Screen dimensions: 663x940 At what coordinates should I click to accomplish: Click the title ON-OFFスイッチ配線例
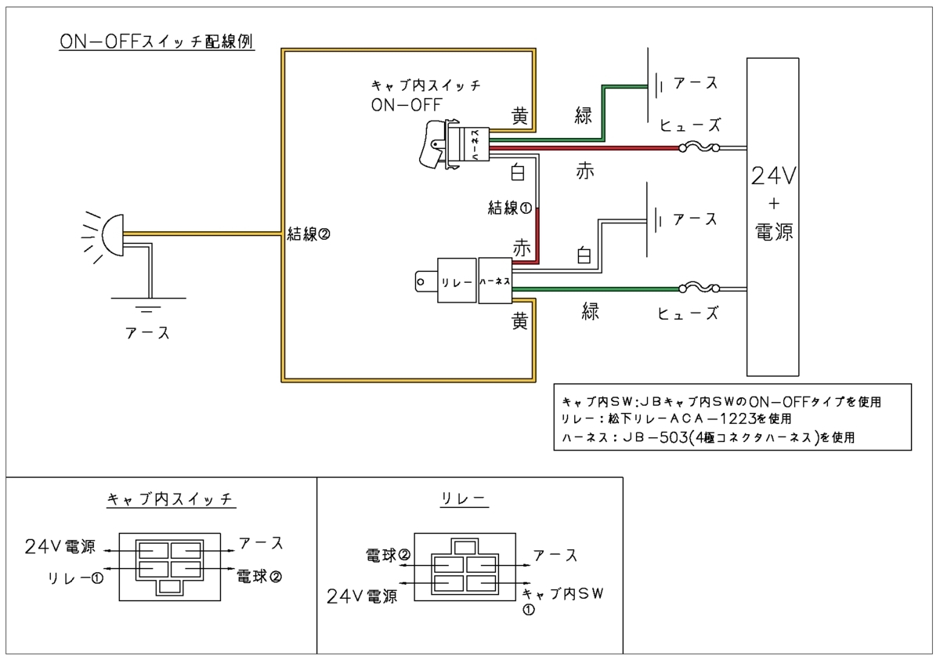[x=156, y=41]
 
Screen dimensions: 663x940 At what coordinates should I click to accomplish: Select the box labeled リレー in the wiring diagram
[x=457, y=280]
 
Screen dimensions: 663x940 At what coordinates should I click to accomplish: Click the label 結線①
[x=510, y=208]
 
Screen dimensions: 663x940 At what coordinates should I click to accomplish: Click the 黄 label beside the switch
[x=519, y=116]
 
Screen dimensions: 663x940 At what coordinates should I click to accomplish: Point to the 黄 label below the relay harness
[x=519, y=321]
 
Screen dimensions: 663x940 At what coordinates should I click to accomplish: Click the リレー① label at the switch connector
[x=75, y=578]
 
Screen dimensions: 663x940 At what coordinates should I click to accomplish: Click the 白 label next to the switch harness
[x=518, y=171]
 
